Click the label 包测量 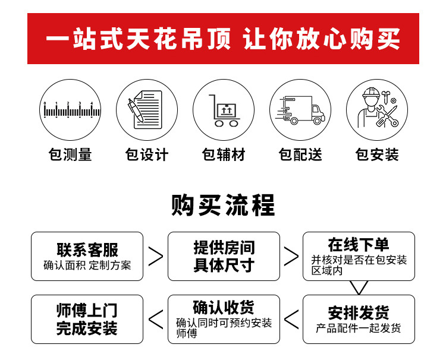(70, 155)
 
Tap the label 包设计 (147, 155)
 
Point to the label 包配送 (300, 155)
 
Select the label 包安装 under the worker (377, 155)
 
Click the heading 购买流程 (223, 206)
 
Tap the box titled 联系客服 (87, 256)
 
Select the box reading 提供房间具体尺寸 (224, 256)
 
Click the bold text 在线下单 (359, 244)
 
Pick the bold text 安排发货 (359, 312)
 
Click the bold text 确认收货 (224, 307)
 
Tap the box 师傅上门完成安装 (87, 319)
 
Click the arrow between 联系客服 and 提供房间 (156, 256)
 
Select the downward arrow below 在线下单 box (359, 288)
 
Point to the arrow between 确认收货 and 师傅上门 (156, 319)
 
